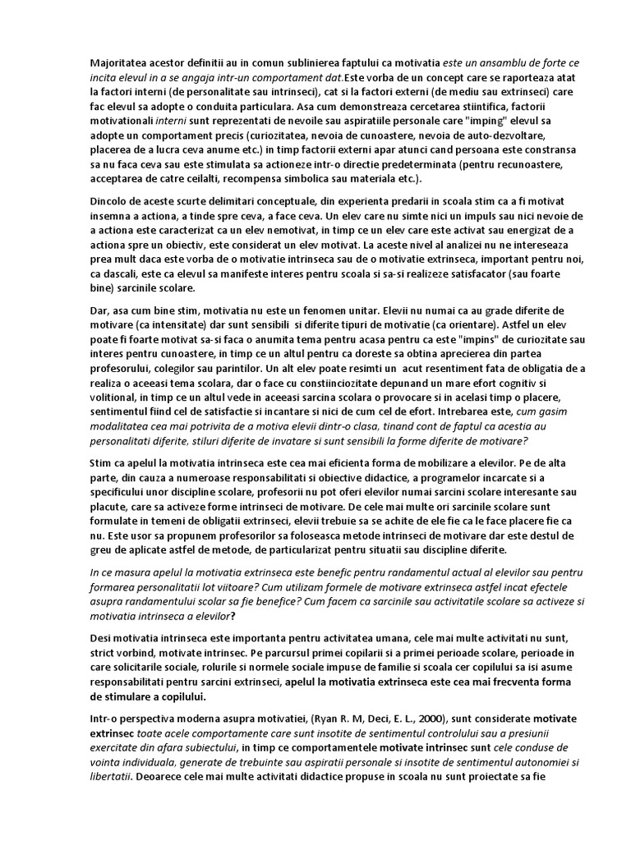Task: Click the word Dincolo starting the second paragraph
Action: click(x=110, y=202)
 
